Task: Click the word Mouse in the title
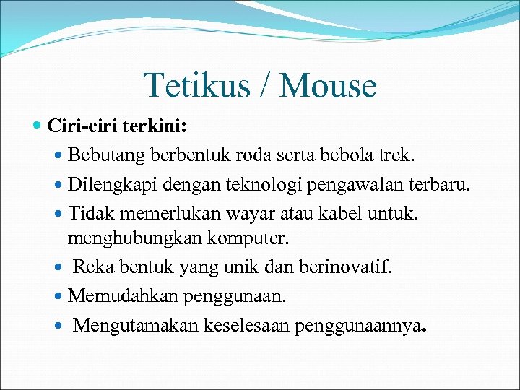tap(328, 86)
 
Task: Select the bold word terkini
tap(154, 126)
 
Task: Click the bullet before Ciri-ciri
tap(38, 126)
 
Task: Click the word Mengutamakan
tap(126, 326)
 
